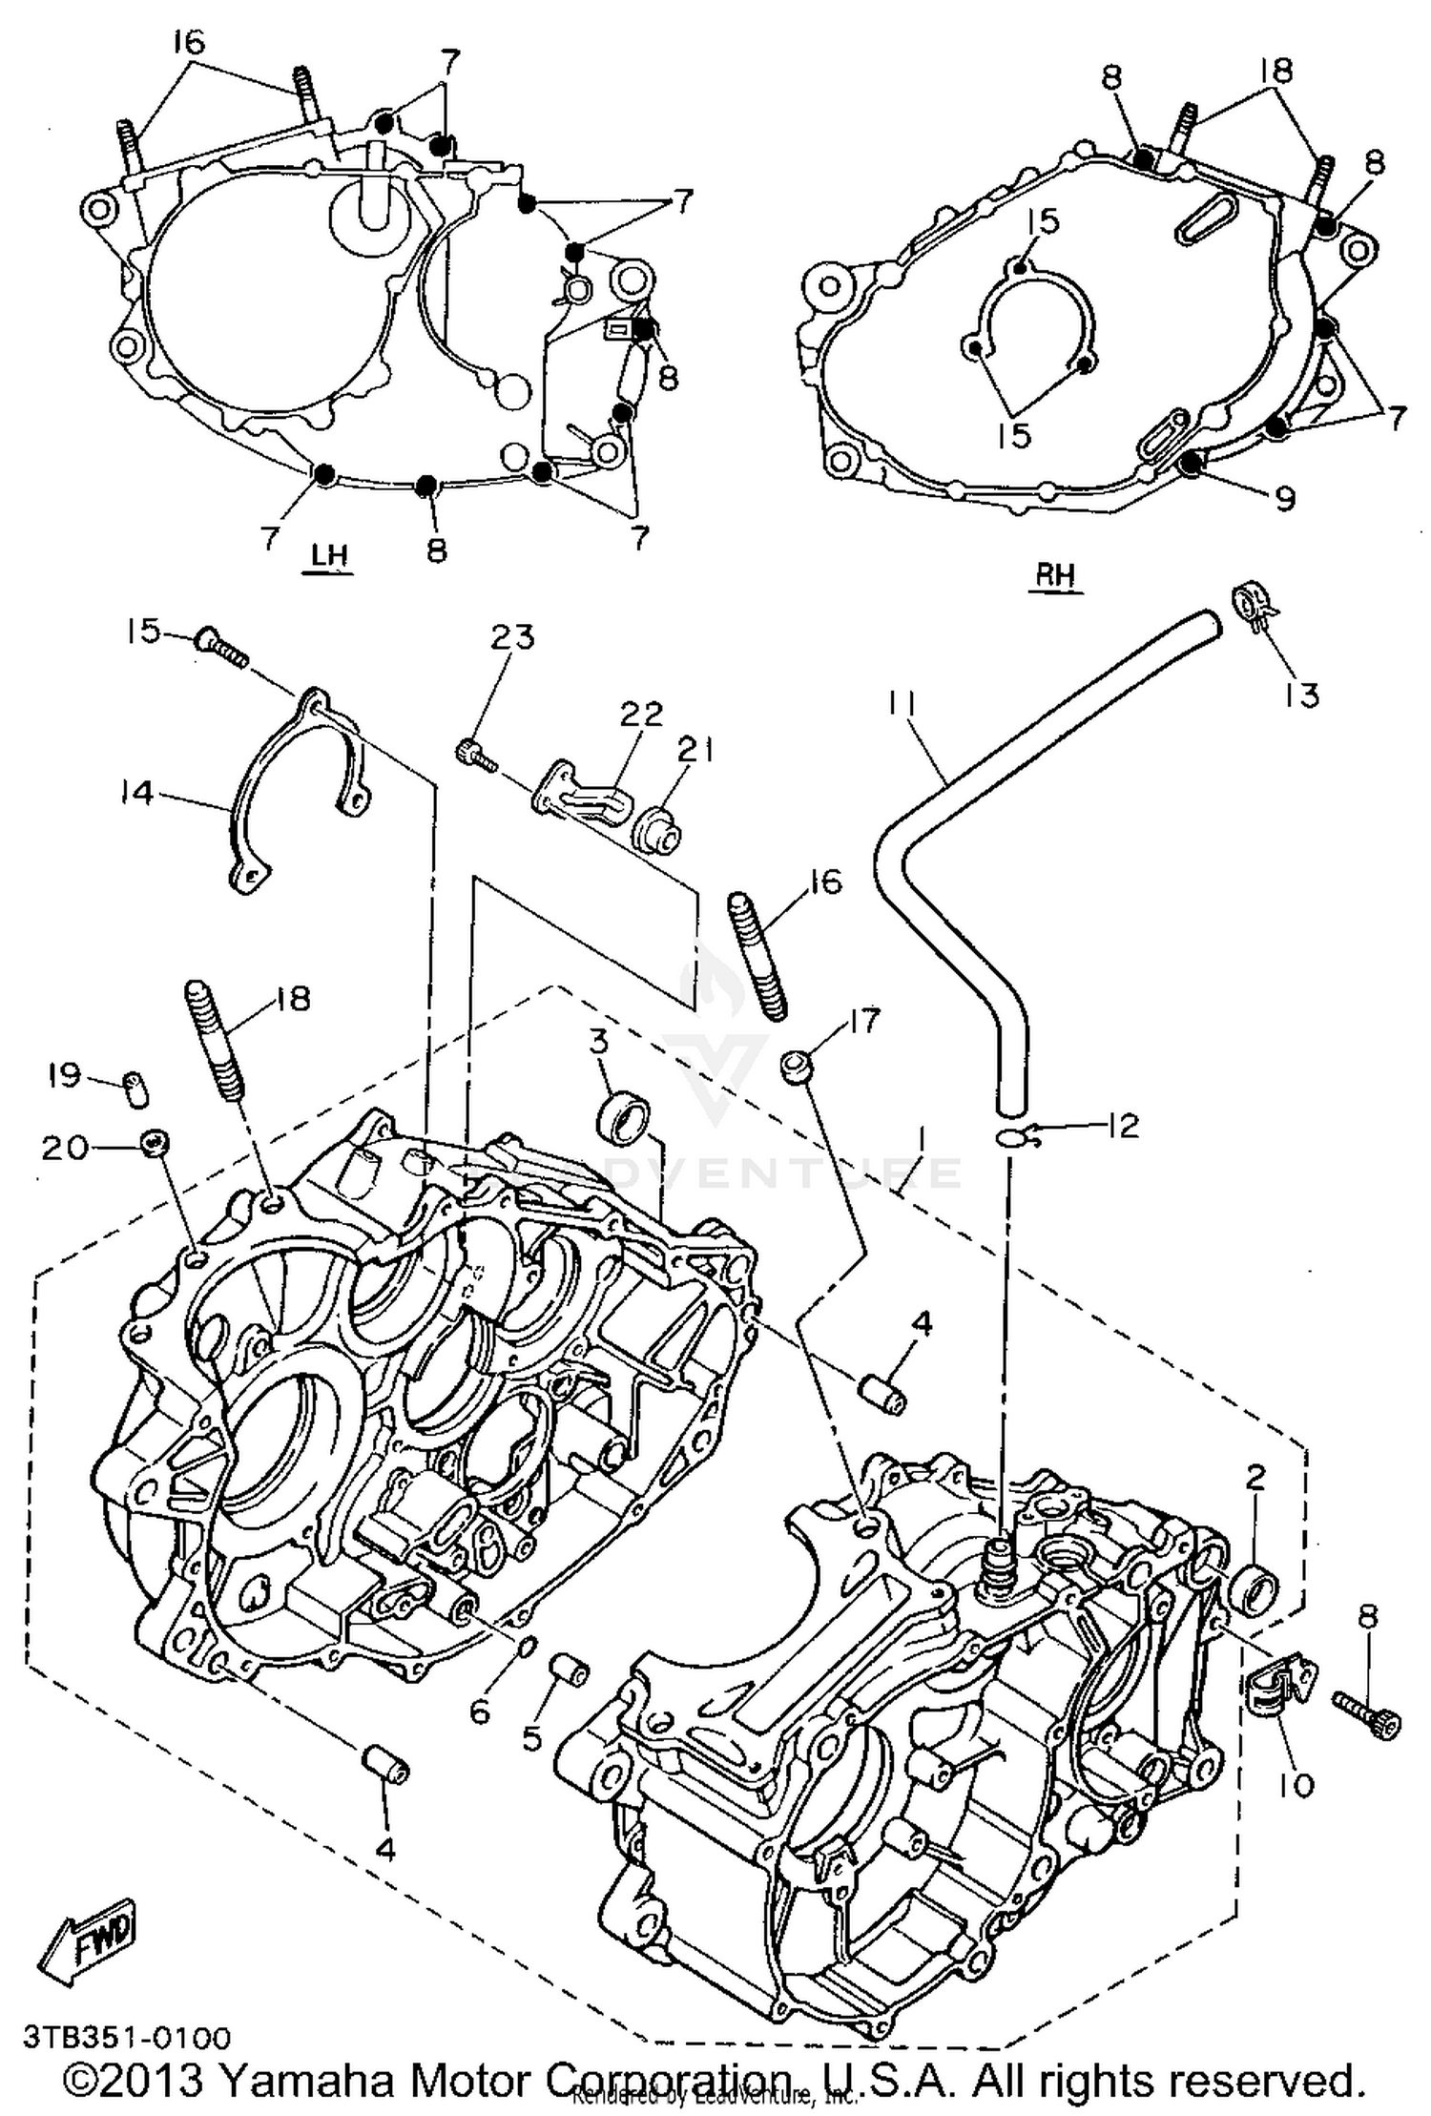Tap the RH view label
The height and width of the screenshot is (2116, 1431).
tap(1055, 575)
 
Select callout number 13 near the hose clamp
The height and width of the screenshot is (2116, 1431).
tap(1301, 694)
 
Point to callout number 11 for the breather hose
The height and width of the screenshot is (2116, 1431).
tap(901, 707)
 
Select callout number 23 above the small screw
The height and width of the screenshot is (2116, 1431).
tap(513, 637)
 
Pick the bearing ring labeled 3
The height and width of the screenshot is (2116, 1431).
tap(623, 1119)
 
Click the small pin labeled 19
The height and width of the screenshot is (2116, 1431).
tap(137, 1087)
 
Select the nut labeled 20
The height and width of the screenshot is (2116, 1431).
tap(155, 1141)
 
